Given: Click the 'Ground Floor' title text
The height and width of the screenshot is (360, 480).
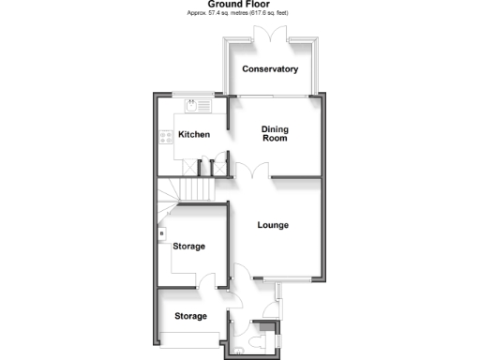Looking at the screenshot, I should click(x=238, y=5).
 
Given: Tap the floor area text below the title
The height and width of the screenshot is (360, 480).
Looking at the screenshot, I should click(x=239, y=14).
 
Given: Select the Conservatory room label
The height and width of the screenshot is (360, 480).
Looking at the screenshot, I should click(x=270, y=69).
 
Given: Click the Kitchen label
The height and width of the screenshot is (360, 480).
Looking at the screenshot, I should click(x=194, y=134).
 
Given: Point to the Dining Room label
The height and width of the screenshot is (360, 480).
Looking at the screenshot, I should click(x=274, y=134).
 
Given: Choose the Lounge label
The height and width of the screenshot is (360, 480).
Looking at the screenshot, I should click(x=273, y=225).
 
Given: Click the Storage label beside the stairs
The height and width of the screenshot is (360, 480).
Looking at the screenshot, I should click(x=189, y=246).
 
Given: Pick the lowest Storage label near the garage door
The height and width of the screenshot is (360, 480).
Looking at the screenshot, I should click(x=190, y=317).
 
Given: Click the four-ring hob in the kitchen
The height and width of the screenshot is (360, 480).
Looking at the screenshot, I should click(x=165, y=136).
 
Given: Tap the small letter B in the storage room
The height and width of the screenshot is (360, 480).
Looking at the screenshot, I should click(x=161, y=233).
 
